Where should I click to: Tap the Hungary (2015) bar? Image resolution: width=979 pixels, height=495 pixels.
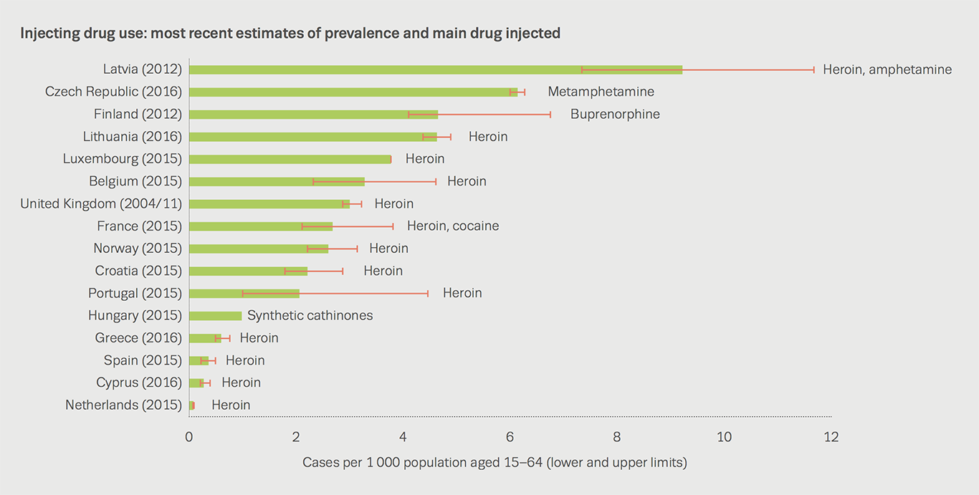tap(215, 316)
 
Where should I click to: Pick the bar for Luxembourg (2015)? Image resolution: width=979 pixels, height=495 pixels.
tap(290, 159)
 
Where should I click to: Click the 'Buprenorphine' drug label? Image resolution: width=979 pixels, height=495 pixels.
tap(615, 115)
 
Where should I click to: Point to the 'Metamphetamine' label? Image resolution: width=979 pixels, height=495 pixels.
tap(601, 92)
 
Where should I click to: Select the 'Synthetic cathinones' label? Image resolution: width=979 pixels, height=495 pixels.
tap(310, 316)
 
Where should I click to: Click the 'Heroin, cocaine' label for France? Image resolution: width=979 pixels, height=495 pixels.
tap(453, 226)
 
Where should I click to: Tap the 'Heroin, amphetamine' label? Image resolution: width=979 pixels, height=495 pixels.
tap(887, 69)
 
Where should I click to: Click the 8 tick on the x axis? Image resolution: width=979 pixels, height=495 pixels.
tap(617, 437)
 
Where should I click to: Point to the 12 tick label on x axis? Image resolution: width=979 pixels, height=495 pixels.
tap(831, 437)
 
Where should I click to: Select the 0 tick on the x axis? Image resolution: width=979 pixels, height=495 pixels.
tap(189, 437)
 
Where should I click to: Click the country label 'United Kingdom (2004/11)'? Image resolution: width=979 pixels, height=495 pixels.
tap(101, 204)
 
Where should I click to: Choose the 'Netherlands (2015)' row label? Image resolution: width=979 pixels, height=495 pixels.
tap(123, 405)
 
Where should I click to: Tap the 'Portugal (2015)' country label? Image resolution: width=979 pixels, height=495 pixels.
tap(135, 294)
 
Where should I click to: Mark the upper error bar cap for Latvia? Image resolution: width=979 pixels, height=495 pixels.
tap(813, 69)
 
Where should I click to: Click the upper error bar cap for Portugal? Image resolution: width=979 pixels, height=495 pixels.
tap(428, 294)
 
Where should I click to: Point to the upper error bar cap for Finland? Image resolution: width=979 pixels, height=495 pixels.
tap(550, 115)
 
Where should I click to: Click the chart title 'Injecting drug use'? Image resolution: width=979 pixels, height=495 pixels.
tap(290, 33)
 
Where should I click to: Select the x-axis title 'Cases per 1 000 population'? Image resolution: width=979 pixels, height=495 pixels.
tap(495, 463)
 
